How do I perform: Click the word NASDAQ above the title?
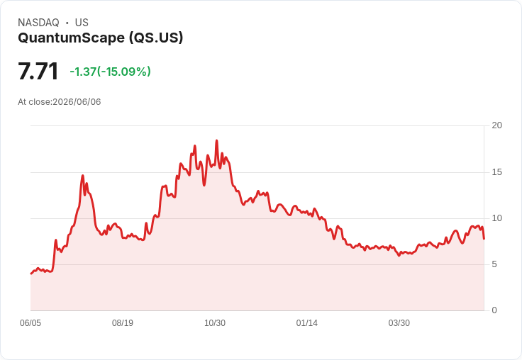click(x=38, y=23)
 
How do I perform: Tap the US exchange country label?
click(x=82, y=23)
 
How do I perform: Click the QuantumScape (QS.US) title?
click(x=101, y=38)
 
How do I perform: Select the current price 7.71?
click(x=38, y=71)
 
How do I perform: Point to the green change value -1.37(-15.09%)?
click(x=110, y=72)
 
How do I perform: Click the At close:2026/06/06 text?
click(x=60, y=102)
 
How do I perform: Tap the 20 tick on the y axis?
click(x=496, y=125)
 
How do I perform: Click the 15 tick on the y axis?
click(x=496, y=172)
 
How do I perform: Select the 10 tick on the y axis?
click(x=496, y=218)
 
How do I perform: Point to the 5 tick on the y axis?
click(x=494, y=264)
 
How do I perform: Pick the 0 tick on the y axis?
click(x=494, y=310)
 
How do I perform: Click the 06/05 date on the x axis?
click(x=30, y=323)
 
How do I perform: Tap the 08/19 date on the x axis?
click(x=123, y=323)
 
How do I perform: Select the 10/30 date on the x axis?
click(x=215, y=323)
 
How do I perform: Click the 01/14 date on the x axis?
click(x=306, y=323)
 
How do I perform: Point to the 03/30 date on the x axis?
click(x=399, y=323)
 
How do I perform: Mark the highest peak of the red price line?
click(x=217, y=140)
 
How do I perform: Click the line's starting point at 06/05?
click(x=31, y=274)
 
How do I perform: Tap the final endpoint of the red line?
click(x=484, y=239)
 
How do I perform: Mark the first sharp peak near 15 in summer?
click(x=83, y=175)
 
